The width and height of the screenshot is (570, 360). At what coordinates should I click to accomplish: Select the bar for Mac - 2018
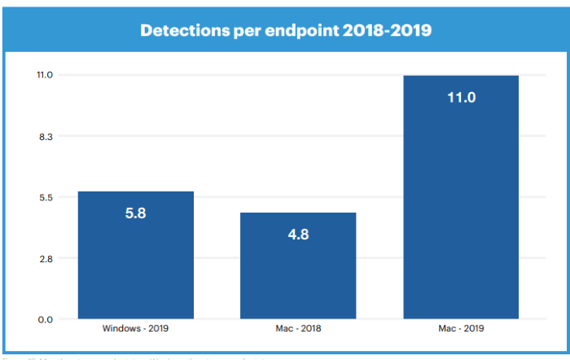[x=298, y=277]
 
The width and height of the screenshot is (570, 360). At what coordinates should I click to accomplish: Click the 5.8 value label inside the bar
[x=135, y=213]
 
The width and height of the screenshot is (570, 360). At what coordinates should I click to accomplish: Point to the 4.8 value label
[x=298, y=235]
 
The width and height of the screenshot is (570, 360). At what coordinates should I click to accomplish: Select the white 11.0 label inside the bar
[x=461, y=98]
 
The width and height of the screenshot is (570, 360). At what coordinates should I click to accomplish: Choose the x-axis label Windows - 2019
[x=135, y=329]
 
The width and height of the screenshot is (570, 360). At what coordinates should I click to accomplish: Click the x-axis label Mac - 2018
[x=298, y=329]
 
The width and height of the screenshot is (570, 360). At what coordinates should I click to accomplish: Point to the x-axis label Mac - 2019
[x=461, y=329]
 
